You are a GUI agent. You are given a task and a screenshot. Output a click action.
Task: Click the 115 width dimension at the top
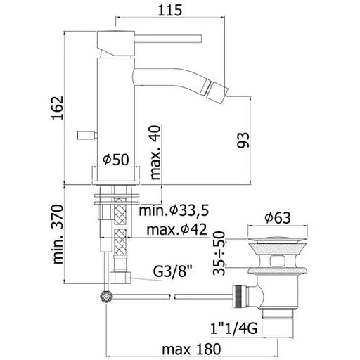170,11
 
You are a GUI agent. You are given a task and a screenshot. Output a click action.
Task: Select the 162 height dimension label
58,108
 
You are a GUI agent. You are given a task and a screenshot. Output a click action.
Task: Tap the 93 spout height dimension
243,140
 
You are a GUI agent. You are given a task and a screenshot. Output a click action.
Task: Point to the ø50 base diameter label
116,160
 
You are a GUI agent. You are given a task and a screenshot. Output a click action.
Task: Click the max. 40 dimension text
155,153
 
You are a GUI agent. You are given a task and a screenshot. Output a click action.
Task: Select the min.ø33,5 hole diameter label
174,210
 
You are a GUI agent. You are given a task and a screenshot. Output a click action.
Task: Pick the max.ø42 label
176,229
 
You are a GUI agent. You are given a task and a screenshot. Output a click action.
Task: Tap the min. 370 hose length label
58,234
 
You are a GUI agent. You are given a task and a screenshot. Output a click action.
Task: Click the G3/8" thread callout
172,272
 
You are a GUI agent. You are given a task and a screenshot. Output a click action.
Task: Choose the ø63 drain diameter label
278,218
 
